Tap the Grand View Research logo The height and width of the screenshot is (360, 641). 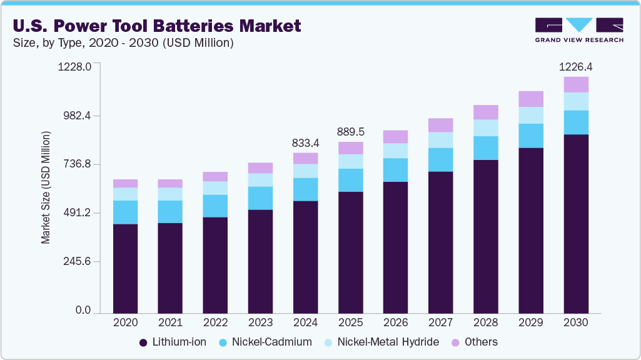click(578, 29)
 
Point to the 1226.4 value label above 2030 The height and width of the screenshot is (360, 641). click(575, 66)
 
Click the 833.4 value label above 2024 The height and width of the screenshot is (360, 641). click(305, 142)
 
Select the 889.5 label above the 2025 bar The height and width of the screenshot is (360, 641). click(350, 132)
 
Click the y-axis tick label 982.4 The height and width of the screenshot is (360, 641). click(76, 116)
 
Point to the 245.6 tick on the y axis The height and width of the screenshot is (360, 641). click(76, 261)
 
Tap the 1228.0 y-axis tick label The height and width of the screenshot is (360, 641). click(74, 67)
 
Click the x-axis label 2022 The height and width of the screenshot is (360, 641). click(215, 323)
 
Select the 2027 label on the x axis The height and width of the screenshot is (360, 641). click(440, 323)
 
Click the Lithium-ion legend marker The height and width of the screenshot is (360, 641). click(143, 342)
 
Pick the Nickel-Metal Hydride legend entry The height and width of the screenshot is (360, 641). click(381, 342)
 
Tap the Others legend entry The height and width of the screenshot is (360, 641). click(475, 342)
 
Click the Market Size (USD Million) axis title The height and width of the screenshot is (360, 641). click(46, 187)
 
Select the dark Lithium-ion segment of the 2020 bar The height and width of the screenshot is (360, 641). click(125, 269)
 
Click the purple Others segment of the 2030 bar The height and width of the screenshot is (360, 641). click(576, 84)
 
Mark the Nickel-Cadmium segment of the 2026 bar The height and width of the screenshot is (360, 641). click(395, 170)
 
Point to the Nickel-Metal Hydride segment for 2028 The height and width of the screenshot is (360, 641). click(486, 127)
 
